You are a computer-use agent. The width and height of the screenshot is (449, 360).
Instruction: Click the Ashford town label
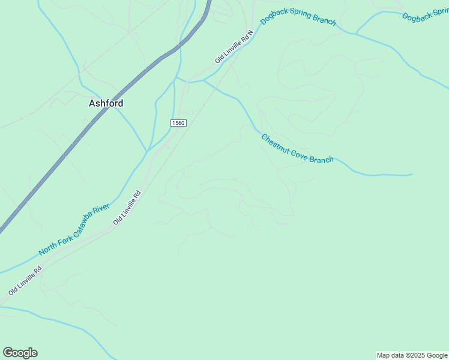point(106,103)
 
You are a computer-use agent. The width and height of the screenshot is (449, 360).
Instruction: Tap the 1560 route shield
point(178,123)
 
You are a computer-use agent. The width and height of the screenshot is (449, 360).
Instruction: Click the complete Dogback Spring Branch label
point(298,18)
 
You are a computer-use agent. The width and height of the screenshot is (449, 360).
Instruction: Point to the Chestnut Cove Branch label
point(297,149)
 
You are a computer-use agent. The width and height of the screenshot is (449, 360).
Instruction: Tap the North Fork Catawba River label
point(74,230)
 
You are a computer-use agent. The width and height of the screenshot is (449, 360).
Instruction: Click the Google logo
point(20,353)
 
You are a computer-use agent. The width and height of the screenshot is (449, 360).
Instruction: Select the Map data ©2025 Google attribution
point(412,355)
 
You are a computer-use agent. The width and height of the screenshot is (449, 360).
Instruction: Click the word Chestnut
point(276,141)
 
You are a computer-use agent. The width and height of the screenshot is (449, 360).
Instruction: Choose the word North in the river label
point(48,247)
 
